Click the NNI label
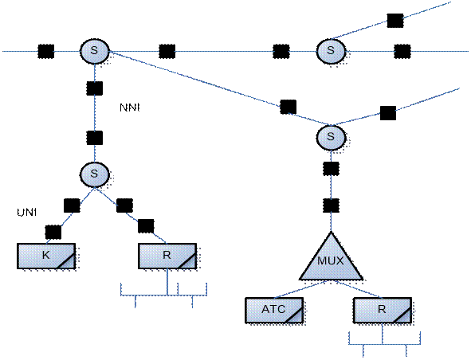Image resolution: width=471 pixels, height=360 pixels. pos(129,108)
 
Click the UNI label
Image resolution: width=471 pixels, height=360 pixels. pos(27,213)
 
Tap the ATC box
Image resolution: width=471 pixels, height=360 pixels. pos(274,311)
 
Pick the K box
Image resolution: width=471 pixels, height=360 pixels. pos(46,256)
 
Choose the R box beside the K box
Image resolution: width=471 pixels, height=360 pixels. pos(167,256)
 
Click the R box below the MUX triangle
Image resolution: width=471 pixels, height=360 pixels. pos(382,311)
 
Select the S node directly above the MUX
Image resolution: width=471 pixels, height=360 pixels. pos(331,137)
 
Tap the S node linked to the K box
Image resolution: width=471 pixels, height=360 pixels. pos(94,174)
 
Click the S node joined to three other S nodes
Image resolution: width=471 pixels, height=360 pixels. pos(94,51)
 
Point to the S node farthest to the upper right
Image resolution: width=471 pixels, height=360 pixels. pos(331,51)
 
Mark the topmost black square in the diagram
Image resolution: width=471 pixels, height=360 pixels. pos(395,21)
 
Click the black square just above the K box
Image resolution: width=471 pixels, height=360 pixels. pos(53,232)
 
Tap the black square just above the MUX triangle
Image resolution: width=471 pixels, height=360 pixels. pos(331,205)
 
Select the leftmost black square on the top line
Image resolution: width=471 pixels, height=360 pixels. pos(46,51)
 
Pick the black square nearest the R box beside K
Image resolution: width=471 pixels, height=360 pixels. pos(146,226)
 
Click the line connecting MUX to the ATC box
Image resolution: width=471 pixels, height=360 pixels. pos(300,289)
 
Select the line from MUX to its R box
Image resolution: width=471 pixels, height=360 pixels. pos(359,289)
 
